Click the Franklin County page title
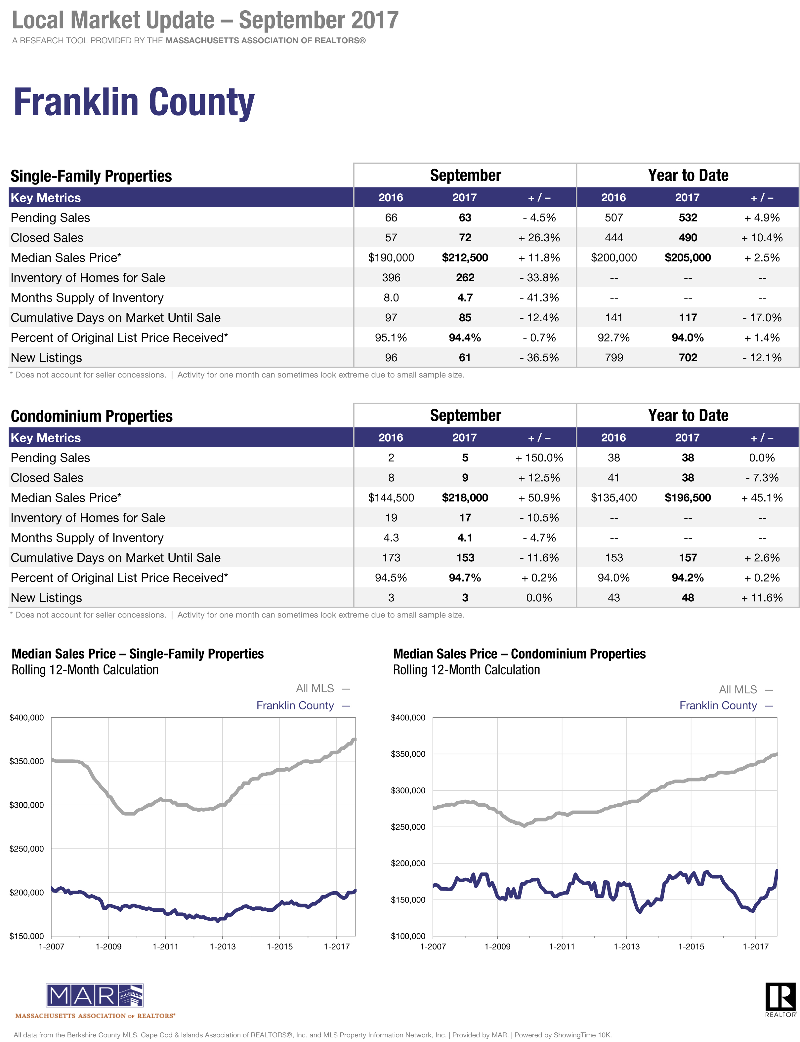click(x=134, y=103)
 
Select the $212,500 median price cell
click(x=465, y=258)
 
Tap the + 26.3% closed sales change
click(x=539, y=238)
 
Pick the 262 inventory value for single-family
click(x=465, y=277)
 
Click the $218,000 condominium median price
click(x=465, y=498)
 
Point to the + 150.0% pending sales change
click(x=539, y=458)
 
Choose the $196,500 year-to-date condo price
click(x=688, y=498)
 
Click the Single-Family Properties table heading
click(x=91, y=176)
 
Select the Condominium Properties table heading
click(x=91, y=416)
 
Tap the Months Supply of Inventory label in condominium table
click(x=87, y=538)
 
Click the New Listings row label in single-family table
click(x=46, y=357)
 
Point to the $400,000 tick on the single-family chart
click(x=27, y=717)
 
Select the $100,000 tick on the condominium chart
click(x=408, y=936)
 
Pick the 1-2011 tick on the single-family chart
click(x=165, y=946)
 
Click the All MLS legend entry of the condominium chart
click(x=745, y=689)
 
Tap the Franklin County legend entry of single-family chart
click(x=303, y=705)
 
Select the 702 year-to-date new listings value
click(x=688, y=357)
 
